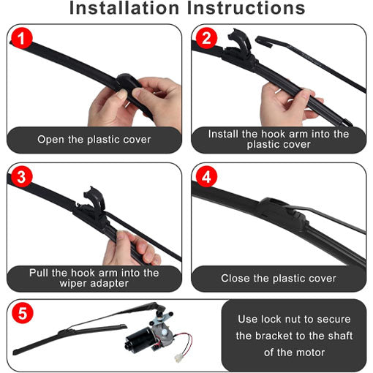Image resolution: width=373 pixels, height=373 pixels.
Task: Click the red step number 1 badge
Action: coord(21,39)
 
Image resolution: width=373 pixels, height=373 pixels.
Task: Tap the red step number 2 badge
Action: coord(206,39)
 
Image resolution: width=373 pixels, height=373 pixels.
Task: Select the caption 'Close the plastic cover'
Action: coord(279,278)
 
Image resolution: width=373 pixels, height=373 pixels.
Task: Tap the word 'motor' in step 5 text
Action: coord(306,352)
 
